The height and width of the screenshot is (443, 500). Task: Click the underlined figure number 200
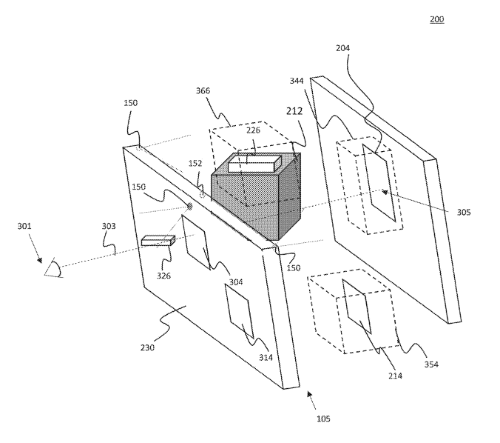click(x=436, y=19)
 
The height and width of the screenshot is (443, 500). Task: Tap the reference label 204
click(x=342, y=48)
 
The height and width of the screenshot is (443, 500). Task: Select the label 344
click(x=297, y=81)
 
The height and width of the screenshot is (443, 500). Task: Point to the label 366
click(x=203, y=90)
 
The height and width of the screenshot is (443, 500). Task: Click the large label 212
click(x=294, y=111)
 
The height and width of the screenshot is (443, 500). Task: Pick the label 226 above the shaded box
click(x=253, y=130)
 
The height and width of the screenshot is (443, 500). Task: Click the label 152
click(x=195, y=163)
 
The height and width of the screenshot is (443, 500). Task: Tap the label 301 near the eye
click(x=24, y=226)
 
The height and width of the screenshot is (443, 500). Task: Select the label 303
click(x=109, y=226)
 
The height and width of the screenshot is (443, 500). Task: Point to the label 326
click(x=163, y=276)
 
